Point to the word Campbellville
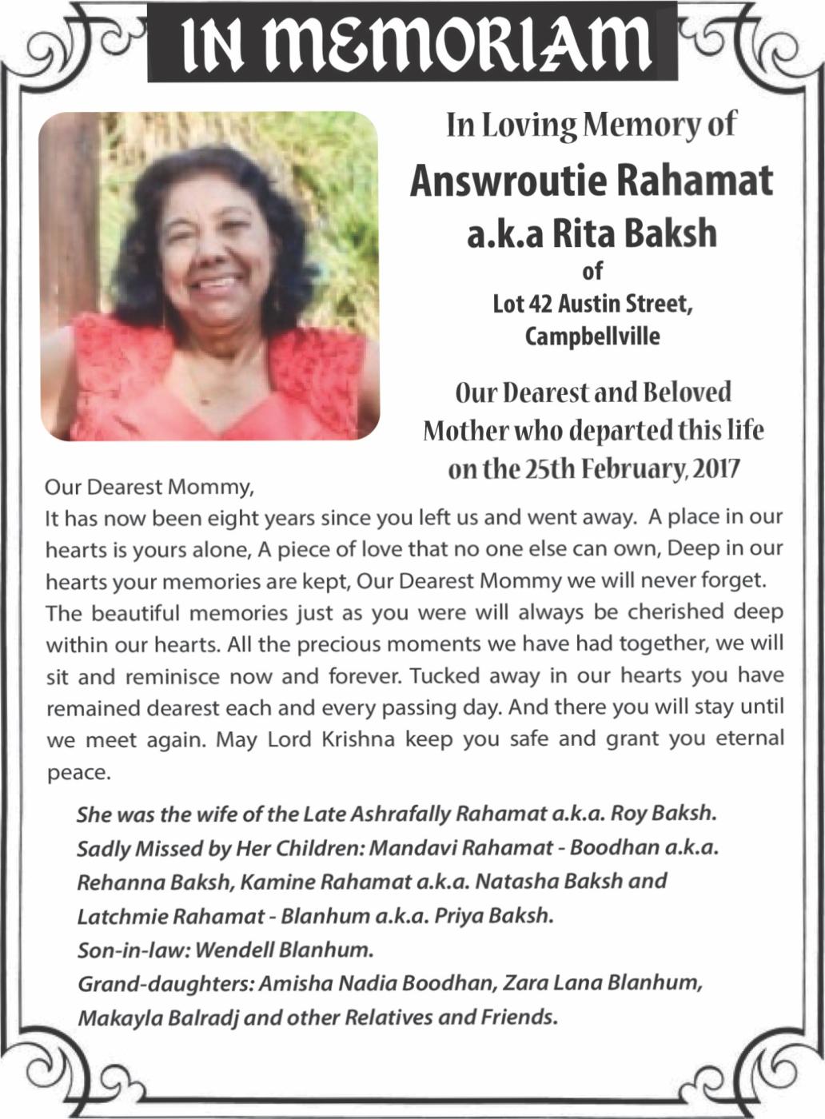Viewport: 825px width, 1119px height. point(592,336)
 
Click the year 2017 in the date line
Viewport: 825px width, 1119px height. point(715,468)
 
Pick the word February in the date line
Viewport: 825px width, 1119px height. point(632,468)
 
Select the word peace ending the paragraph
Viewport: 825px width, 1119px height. point(76,773)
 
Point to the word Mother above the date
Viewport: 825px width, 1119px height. point(463,431)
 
